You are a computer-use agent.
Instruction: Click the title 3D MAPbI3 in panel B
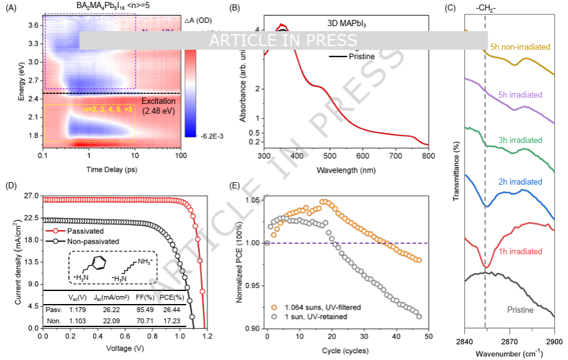point(347,22)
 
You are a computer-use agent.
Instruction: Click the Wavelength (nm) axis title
point(346,168)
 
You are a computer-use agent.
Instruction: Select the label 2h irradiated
point(520,182)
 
